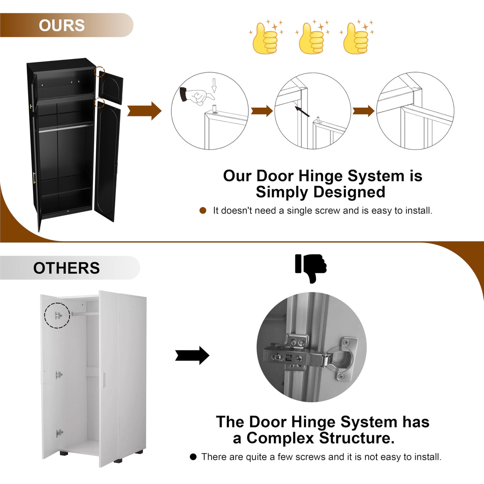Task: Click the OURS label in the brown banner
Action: pyautogui.click(x=62, y=25)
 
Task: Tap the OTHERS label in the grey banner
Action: pyautogui.click(x=66, y=268)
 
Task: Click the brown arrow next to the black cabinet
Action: pyautogui.click(x=144, y=111)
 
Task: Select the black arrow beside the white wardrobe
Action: pyautogui.click(x=192, y=355)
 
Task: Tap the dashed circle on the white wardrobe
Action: pyautogui.click(x=57, y=315)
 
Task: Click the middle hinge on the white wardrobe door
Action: pyautogui.click(x=59, y=375)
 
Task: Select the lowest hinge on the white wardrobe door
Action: pyautogui.click(x=59, y=433)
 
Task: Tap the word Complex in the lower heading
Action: pyautogui.click(x=280, y=438)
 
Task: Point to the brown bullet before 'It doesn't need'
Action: pyautogui.click(x=203, y=211)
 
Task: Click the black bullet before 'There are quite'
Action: pyautogui.click(x=193, y=457)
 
